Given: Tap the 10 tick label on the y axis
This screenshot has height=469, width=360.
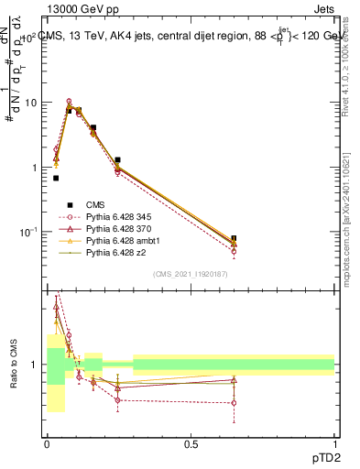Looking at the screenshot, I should [29, 103].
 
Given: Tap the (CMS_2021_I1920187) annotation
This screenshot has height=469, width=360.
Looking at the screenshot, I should [191, 274].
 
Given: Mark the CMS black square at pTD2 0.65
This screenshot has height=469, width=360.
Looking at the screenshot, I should [234, 239].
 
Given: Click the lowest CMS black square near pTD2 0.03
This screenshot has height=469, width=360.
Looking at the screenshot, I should [56, 178].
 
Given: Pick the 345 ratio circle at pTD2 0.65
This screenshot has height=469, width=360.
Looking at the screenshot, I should [234, 403].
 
